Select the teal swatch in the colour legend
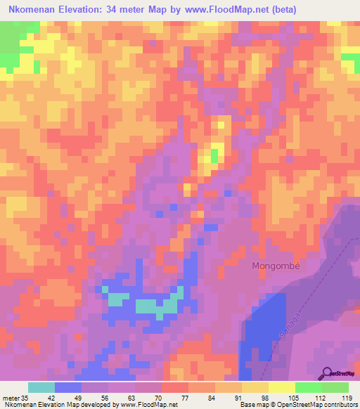pyautogui.click(x=41, y=387)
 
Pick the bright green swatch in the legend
pyautogui.click(x=309, y=387)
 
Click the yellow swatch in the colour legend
pyautogui.click(x=255, y=387)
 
